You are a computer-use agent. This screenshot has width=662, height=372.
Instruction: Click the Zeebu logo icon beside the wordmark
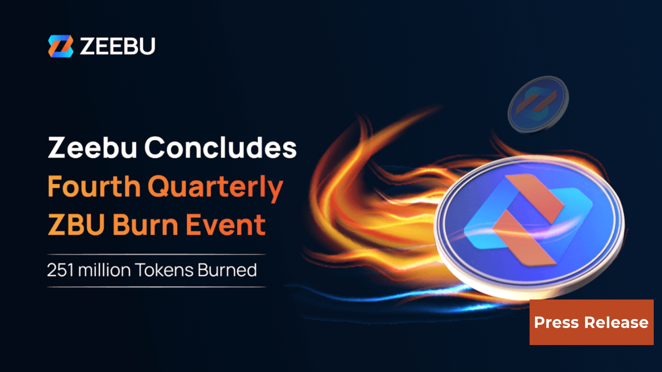(x=61, y=46)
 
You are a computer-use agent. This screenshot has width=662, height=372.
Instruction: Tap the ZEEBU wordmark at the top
(x=118, y=46)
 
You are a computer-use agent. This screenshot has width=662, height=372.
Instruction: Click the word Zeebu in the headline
(x=92, y=148)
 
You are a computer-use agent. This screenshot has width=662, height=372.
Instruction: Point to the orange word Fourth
(x=94, y=186)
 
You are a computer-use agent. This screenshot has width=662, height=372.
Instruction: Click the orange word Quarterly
(x=215, y=187)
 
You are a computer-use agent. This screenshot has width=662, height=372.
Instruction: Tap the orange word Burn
(x=145, y=225)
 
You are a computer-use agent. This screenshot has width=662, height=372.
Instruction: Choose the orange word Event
(x=225, y=225)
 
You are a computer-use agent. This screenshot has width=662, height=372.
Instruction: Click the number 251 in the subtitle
(x=60, y=270)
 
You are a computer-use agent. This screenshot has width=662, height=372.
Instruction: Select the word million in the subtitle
(x=104, y=270)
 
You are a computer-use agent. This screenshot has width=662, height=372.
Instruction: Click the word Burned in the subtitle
(x=227, y=270)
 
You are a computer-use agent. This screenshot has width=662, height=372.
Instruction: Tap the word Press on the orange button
(x=556, y=322)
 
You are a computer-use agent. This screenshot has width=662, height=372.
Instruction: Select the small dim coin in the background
(x=538, y=104)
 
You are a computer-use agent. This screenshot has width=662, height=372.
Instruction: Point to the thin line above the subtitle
(x=156, y=254)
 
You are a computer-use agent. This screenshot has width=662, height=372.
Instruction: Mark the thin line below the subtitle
(x=156, y=287)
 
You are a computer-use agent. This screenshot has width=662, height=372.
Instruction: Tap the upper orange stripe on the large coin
(x=536, y=195)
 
